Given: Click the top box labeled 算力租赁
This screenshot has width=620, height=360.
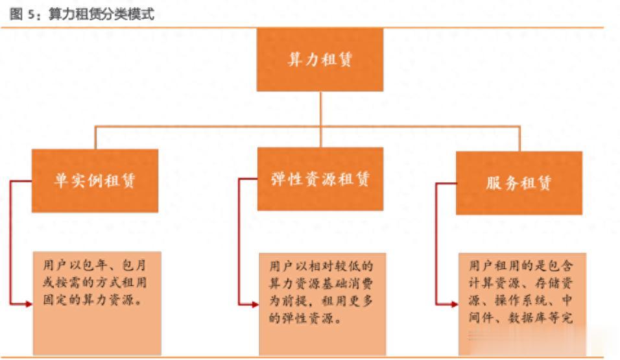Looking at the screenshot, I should click(x=320, y=60).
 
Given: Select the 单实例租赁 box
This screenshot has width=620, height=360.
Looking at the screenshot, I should click(x=95, y=180).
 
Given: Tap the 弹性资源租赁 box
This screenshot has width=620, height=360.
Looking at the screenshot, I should click(x=320, y=178).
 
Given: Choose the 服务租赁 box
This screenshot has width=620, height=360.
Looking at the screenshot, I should click(x=518, y=182).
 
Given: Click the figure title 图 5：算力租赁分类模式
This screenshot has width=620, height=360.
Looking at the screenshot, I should click(x=82, y=14).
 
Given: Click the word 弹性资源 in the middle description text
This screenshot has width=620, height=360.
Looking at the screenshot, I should click(x=305, y=319).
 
